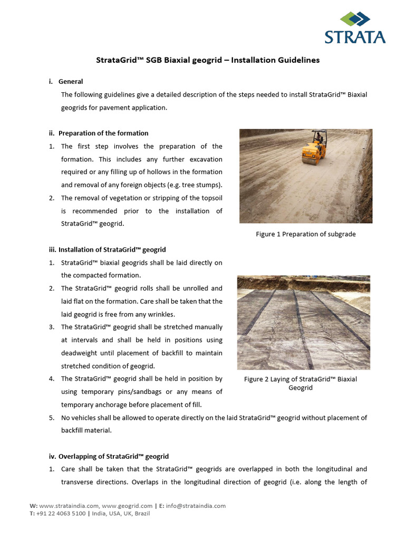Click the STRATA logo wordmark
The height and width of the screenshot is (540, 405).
pyautogui.click(x=354, y=37)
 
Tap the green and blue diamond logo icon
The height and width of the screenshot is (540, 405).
pyautogui.click(x=355, y=20)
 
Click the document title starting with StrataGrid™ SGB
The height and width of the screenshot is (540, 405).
pyautogui.click(x=208, y=60)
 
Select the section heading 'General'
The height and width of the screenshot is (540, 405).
pyautogui.click(x=71, y=82)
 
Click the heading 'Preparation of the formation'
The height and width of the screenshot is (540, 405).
pyautogui.click(x=103, y=133)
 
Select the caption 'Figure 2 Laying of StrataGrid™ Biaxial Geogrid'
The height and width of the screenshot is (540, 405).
pyautogui.click(x=300, y=383)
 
